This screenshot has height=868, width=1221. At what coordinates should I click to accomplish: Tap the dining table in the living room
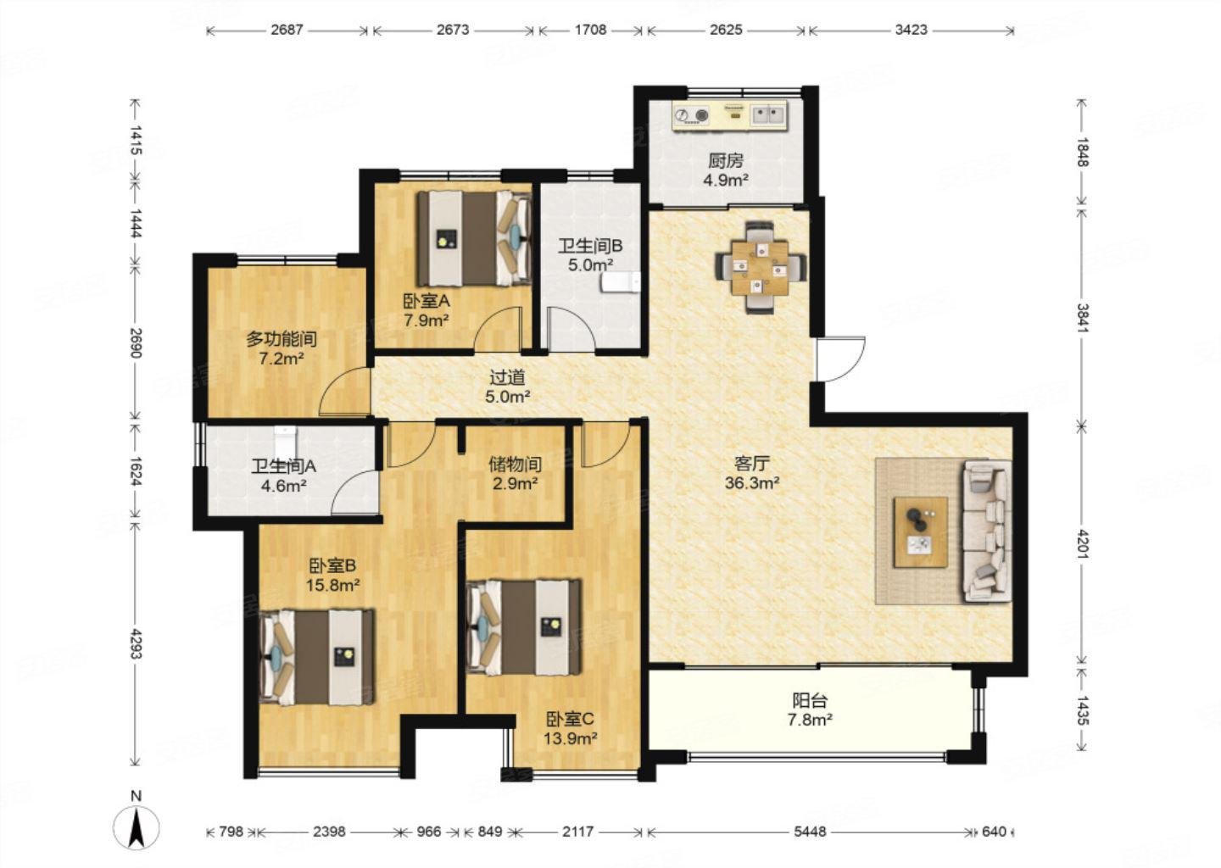(x=760, y=267)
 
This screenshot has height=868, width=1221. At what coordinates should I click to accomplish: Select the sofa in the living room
(x=987, y=531)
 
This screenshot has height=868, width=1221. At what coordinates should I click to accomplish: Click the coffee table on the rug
(x=920, y=531)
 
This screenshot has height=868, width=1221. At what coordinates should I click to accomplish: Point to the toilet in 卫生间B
(x=621, y=282)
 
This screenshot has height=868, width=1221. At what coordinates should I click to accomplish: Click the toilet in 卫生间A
(x=285, y=442)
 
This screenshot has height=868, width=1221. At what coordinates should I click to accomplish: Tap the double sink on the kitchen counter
(x=768, y=114)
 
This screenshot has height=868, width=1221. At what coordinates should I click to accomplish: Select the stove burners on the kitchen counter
(x=692, y=115)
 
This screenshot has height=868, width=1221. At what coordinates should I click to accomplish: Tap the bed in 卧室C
(x=524, y=626)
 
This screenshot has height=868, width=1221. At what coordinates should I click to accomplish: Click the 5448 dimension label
(x=810, y=832)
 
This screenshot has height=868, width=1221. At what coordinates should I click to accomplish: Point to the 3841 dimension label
(x=1082, y=318)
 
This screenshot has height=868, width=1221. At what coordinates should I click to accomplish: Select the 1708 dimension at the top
(x=590, y=30)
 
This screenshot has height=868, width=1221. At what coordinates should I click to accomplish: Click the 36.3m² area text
(x=751, y=483)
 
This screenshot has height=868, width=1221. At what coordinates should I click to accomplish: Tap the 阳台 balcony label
(x=810, y=700)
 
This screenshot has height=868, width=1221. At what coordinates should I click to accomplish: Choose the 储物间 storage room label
(x=516, y=465)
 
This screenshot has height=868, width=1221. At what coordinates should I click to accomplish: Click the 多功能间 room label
(x=282, y=339)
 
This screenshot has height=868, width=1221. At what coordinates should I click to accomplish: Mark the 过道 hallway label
(x=507, y=377)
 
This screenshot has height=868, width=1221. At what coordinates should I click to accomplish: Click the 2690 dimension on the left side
(x=136, y=343)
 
